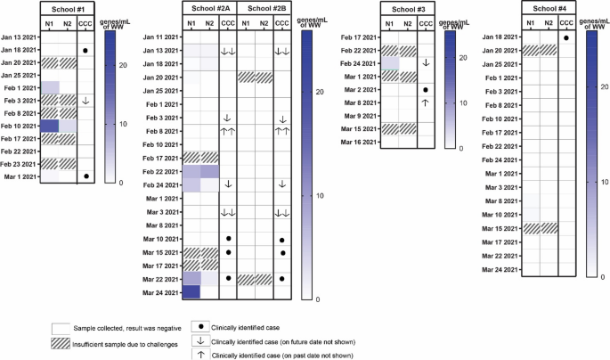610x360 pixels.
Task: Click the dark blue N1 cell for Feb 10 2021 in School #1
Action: pyautogui.click(x=48, y=126)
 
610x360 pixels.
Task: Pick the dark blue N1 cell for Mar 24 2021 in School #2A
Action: pyautogui.click(x=193, y=291)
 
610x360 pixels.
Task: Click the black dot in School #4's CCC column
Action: pyautogui.click(x=566, y=37)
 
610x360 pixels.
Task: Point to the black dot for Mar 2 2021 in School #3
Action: pyautogui.click(x=427, y=90)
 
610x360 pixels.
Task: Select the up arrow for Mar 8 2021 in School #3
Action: pyautogui.click(x=427, y=102)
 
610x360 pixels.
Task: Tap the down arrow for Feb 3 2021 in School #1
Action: pyautogui.click(x=85, y=101)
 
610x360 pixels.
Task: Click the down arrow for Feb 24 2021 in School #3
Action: pyautogui.click(x=427, y=63)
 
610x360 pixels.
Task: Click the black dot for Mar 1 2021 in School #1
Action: pyautogui.click(x=85, y=176)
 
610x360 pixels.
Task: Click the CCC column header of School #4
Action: pyautogui.click(x=566, y=22)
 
